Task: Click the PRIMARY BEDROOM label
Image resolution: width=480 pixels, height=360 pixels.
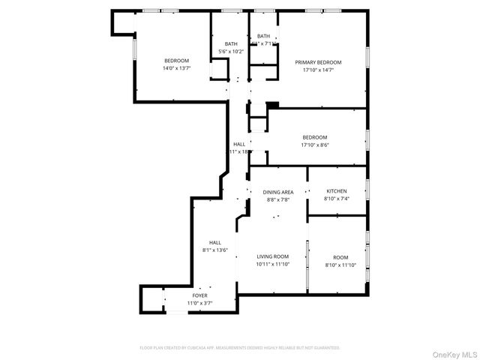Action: [318, 62]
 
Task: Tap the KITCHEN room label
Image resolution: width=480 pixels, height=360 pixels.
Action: [337, 191]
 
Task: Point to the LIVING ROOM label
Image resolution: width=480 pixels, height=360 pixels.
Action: [272, 256]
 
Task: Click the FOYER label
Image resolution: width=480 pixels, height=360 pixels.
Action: [199, 295]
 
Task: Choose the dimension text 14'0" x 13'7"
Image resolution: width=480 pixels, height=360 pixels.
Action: [177, 68]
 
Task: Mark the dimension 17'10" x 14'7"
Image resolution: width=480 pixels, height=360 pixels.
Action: [318, 70]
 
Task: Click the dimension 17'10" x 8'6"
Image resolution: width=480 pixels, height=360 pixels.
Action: [315, 145]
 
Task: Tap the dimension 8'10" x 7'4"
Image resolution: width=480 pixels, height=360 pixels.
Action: [337, 199]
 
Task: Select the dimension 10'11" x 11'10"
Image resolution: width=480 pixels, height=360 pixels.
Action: [272, 264]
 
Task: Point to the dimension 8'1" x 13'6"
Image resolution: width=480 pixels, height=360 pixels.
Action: [215, 250]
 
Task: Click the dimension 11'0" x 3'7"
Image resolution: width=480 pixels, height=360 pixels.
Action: [199, 303]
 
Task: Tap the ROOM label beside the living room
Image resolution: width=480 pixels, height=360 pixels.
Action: [341, 256]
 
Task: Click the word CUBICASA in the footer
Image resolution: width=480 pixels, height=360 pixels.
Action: [197, 348]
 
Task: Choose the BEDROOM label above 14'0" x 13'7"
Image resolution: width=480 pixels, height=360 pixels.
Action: [177, 61]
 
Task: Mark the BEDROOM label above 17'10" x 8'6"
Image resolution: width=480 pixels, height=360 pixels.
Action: [315, 137]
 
